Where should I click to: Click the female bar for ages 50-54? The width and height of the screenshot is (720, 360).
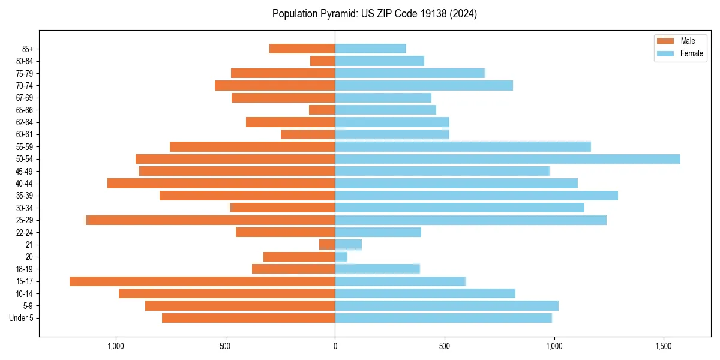(x=507, y=159)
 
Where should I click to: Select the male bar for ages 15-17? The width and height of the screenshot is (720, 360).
(x=202, y=281)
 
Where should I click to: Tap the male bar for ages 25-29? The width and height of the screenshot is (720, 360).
(x=211, y=220)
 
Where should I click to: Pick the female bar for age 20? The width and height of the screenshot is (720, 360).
(x=341, y=257)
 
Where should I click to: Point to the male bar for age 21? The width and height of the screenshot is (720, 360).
(x=327, y=245)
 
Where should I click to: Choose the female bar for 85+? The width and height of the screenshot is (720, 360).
(x=370, y=49)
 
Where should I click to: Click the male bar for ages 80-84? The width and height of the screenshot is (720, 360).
(x=322, y=61)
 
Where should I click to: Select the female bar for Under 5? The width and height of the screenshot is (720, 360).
(x=443, y=318)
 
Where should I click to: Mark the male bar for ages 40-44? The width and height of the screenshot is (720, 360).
(x=221, y=184)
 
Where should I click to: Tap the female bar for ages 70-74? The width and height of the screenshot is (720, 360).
(x=424, y=86)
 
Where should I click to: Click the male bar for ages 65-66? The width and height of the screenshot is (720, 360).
(x=322, y=110)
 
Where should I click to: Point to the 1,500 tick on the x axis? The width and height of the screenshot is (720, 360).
(x=664, y=347)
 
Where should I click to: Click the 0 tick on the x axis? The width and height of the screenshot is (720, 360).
(x=335, y=347)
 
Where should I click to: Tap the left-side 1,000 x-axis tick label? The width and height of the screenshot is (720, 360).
(x=115, y=347)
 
